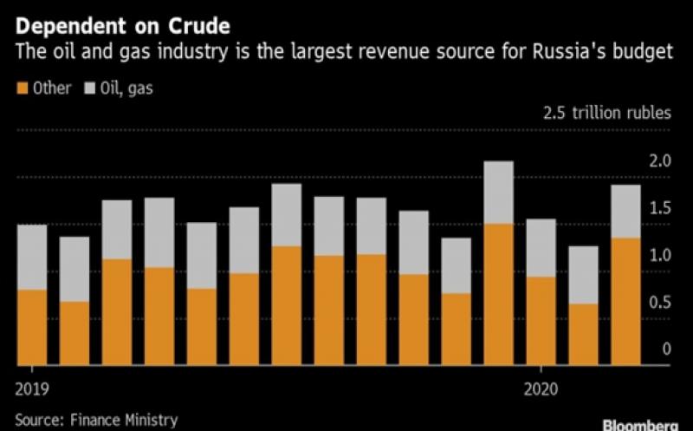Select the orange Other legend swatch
pyautogui.click(x=23, y=88)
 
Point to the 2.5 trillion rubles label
pyautogui.click(x=606, y=113)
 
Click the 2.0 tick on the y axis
pyautogui.click(x=660, y=161)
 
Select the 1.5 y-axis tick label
pyautogui.click(x=660, y=208)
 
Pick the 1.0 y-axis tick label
pyautogui.click(x=660, y=256)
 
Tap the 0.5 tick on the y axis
pyautogui.click(x=660, y=303)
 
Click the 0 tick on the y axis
pyautogui.click(x=666, y=349)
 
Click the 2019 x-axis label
pyautogui.click(x=32, y=386)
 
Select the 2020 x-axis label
pyautogui.click(x=541, y=386)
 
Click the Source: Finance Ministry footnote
pyautogui.click(x=96, y=420)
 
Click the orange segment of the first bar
pyautogui.click(x=32, y=327)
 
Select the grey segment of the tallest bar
pyautogui.click(x=498, y=193)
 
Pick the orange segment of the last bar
pyautogui.click(x=625, y=301)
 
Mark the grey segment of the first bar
pyautogui.click(x=32, y=257)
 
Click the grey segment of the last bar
pyautogui.click(x=625, y=211)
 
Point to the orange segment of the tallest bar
pyautogui.click(x=498, y=294)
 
